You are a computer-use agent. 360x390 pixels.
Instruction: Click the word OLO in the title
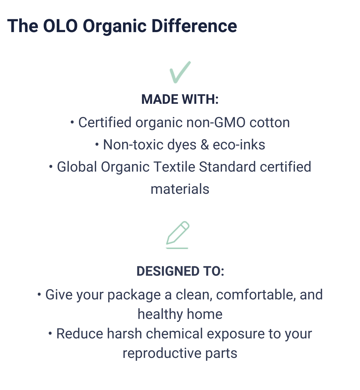[x=60, y=26]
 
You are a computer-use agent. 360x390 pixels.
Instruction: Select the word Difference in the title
[x=194, y=26]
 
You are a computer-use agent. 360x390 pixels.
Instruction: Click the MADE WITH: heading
[x=180, y=99]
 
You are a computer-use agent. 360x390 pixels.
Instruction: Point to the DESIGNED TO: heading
[x=180, y=271]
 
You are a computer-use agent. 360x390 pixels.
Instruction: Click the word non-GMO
[x=216, y=122]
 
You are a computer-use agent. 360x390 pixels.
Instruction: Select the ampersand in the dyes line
[x=205, y=145]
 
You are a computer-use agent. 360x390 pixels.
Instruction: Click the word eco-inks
[x=239, y=145]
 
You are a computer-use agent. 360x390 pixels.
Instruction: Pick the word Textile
[x=174, y=167]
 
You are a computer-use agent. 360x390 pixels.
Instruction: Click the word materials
[x=180, y=189]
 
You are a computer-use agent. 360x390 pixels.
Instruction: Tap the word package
[x=134, y=295]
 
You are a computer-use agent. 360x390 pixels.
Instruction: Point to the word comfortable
[x=256, y=295]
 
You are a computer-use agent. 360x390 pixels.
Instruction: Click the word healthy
[x=160, y=315]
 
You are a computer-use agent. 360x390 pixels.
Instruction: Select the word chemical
[x=174, y=334]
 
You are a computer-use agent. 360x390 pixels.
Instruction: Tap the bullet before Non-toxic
[x=97, y=145]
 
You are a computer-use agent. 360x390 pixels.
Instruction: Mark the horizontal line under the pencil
[x=177, y=248]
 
